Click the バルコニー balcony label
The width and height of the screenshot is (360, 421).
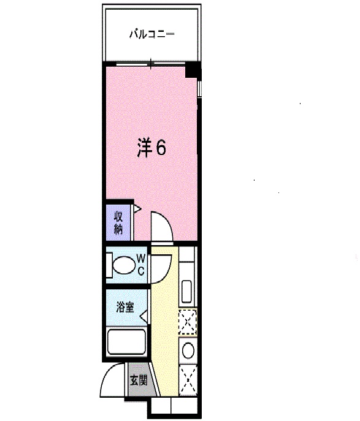(x=151, y=34)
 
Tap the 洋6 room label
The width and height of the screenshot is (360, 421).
(x=151, y=148)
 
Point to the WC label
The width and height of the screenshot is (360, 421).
(x=140, y=264)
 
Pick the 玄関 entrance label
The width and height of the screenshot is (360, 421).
(x=138, y=380)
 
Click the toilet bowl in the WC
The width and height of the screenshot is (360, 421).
(x=123, y=265)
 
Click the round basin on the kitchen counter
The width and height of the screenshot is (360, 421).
(x=188, y=351)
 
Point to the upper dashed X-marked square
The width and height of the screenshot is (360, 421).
(x=187, y=322)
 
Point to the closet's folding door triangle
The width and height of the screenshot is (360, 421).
(x=138, y=210)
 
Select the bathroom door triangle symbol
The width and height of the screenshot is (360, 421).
(x=143, y=316)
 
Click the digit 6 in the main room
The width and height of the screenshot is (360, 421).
(x=160, y=148)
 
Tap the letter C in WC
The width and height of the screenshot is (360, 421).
(x=140, y=271)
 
